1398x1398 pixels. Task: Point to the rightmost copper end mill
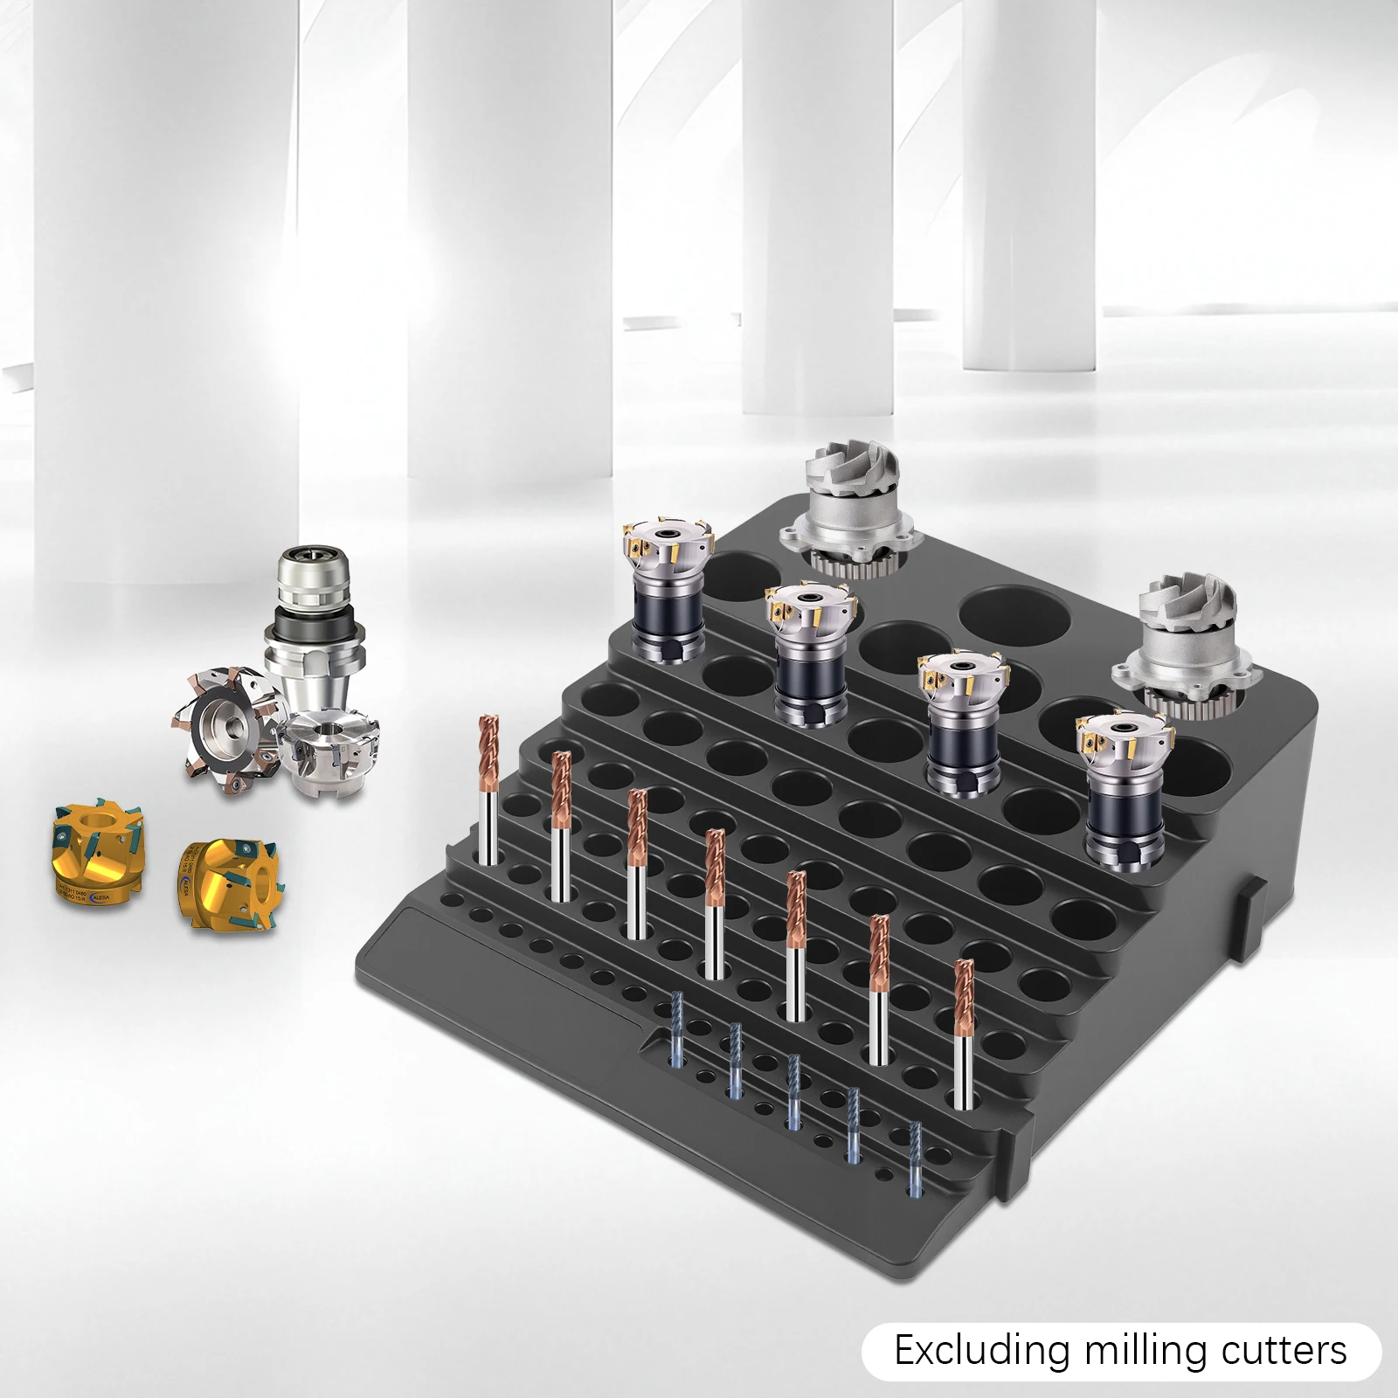963,1031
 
